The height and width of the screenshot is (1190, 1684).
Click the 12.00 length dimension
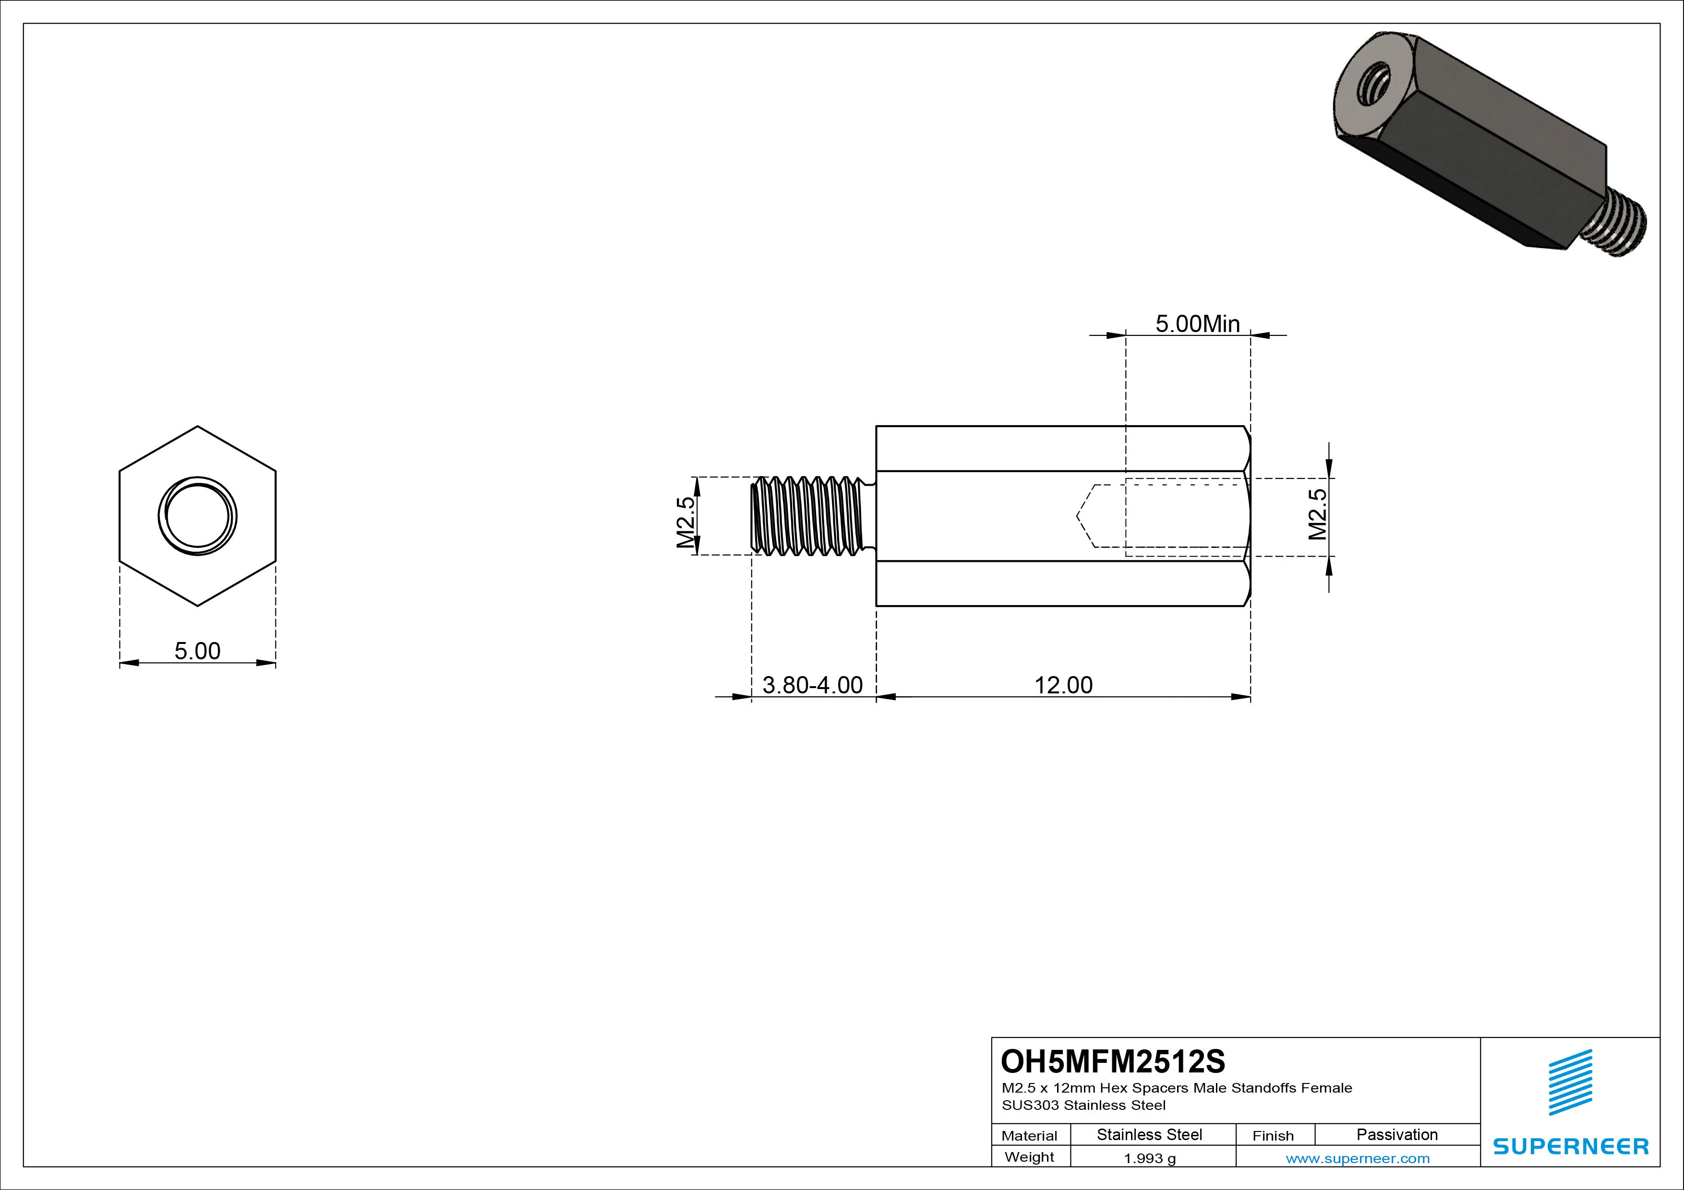pyautogui.click(x=1063, y=685)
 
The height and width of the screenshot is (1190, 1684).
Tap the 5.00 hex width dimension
pyautogui.click(x=197, y=650)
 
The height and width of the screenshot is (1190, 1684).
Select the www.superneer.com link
pyautogui.click(x=1357, y=1158)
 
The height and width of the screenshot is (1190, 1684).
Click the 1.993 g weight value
pyautogui.click(x=1149, y=1158)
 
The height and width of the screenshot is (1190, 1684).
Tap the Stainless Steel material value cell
pyautogui.click(x=1149, y=1134)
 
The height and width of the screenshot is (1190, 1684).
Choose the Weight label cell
pyautogui.click(x=1029, y=1157)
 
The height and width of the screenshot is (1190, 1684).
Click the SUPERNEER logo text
pyautogui.click(x=1570, y=1146)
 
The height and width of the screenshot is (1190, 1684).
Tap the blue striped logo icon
pyautogui.click(x=1570, y=1082)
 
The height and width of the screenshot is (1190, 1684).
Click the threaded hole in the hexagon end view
pyautogui.click(x=197, y=516)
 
